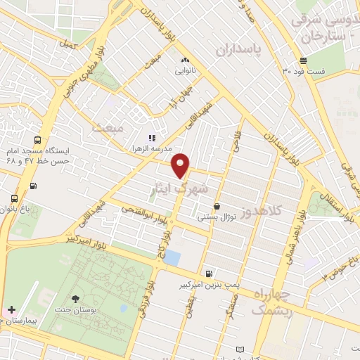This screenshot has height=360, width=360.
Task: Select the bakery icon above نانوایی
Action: [x=186, y=60]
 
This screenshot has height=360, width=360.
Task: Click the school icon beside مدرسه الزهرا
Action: [x=151, y=138]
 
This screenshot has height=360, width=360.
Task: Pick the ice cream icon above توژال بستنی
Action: [x=217, y=206]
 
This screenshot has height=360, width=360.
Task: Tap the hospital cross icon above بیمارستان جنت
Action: [x=11, y=309]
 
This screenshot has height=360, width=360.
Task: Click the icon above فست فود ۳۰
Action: [x=303, y=60]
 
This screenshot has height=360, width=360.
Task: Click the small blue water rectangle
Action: [x=172, y=258]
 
